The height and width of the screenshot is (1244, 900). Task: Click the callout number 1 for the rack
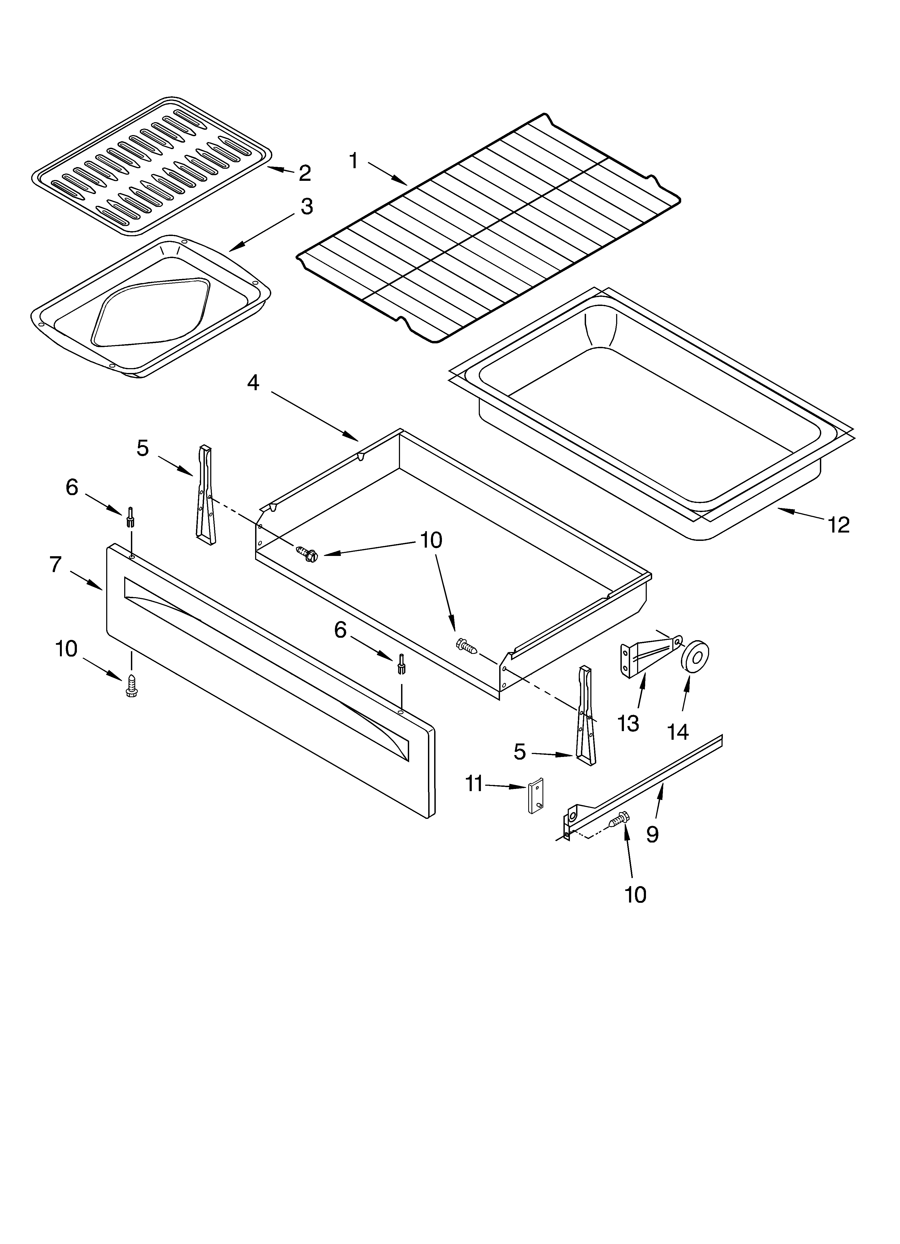pos(354,161)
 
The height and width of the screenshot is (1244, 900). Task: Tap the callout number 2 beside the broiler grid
pos(305,173)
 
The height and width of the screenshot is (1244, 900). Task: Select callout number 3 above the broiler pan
pos(306,207)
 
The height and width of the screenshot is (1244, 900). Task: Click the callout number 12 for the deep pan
pos(839,525)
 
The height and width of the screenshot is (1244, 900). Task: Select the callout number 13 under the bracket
pos(628,724)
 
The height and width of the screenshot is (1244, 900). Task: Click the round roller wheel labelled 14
pos(695,655)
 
